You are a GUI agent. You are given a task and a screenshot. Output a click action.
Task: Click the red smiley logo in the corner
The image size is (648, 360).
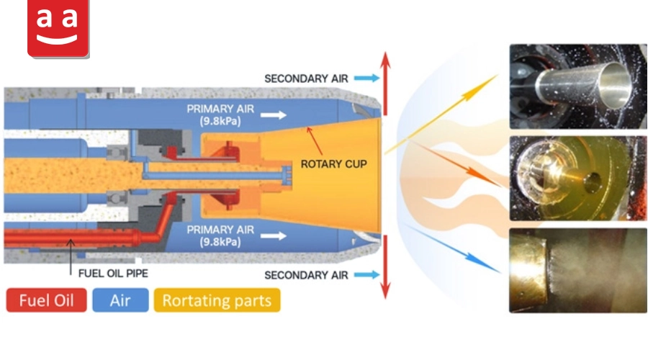coord(58,28)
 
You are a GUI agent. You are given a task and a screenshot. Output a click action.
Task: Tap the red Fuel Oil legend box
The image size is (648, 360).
coord(46,300)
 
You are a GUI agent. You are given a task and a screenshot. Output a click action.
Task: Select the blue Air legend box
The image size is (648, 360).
coord(120,300)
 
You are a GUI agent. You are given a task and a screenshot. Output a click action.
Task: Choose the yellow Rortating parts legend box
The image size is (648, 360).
coord(217,300)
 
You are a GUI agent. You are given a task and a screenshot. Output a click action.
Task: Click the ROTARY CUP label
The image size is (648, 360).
coord(333,164)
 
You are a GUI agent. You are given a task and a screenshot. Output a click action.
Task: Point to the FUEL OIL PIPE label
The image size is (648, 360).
coord(113,273)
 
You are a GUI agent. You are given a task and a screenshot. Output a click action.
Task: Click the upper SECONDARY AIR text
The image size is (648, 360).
coord(306,78)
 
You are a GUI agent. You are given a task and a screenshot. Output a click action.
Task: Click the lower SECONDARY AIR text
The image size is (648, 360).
coord(306,275)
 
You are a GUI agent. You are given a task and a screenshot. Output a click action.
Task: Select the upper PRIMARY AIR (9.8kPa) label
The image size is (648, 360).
coord(220,115)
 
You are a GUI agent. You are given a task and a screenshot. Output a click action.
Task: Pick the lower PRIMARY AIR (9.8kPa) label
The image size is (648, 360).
coord(220,235)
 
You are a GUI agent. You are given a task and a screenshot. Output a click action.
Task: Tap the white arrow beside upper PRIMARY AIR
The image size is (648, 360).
coord(274,115)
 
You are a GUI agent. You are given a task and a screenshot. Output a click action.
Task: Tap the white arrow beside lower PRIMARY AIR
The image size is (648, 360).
coord(274,236)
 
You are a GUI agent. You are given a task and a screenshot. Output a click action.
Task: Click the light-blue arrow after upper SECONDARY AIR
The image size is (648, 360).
coord(367,78)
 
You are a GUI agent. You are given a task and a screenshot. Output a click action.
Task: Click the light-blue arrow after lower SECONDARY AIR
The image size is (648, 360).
coord(367,274)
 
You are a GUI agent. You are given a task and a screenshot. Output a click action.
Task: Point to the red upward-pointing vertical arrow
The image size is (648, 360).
coord(385,84)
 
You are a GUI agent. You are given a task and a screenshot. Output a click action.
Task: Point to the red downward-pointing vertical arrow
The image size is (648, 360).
coord(385,267)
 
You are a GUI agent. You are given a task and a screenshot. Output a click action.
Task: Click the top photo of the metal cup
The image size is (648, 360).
coord(578,86)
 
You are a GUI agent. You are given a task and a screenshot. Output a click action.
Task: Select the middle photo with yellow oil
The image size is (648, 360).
coord(578,178)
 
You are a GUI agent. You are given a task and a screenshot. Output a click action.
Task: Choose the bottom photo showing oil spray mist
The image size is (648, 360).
coord(578,270)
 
